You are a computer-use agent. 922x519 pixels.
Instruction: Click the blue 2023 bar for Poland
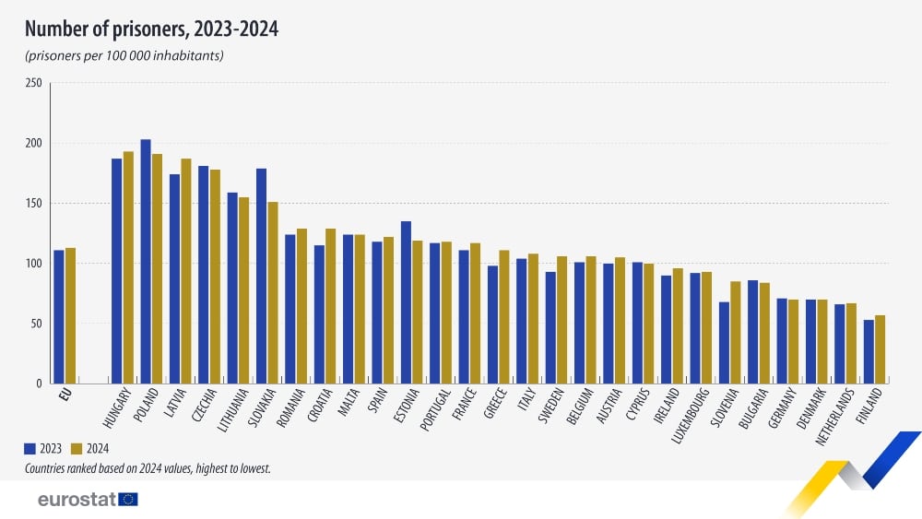(146, 262)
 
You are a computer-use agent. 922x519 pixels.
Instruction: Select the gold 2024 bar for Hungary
(128, 267)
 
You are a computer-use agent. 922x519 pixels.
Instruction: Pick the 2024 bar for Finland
(881, 349)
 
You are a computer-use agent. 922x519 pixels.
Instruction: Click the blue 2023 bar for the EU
(59, 317)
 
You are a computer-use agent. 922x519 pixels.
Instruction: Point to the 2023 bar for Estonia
(406, 302)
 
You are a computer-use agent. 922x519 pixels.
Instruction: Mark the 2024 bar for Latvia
(186, 271)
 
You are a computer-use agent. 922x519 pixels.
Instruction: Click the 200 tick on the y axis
(34, 144)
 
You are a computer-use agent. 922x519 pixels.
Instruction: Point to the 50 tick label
(37, 324)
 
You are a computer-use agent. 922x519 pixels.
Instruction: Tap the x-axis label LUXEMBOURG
(691, 416)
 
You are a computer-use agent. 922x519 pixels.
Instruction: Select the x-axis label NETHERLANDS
(835, 416)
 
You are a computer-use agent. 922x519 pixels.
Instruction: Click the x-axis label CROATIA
(321, 405)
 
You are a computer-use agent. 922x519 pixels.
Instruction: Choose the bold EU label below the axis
(65, 395)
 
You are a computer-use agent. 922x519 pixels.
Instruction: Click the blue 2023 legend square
(30, 449)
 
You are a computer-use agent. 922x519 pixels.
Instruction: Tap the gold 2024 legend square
(77, 449)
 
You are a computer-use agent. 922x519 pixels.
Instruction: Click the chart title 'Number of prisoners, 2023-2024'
(152, 29)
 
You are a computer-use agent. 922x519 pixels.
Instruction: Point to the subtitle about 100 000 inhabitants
(124, 56)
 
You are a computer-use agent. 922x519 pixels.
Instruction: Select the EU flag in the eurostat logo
(128, 500)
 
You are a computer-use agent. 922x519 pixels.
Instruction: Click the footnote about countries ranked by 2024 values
(148, 469)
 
